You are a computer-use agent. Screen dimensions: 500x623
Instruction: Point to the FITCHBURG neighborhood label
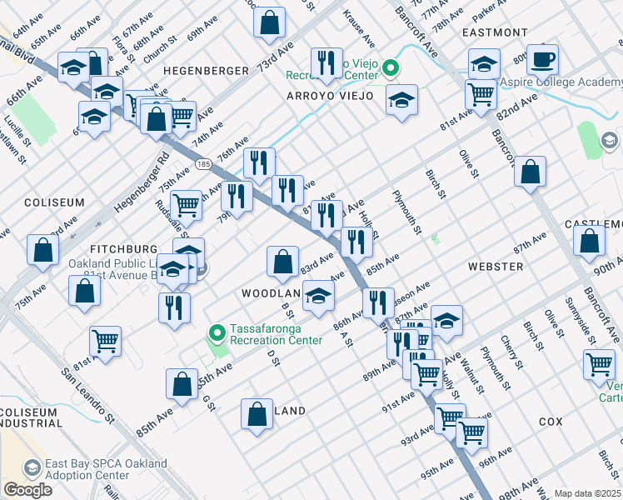[x=124, y=249]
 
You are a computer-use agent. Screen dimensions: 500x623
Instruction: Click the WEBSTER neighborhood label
[x=495, y=267]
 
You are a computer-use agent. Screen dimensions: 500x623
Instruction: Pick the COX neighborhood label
[x=551, y=422]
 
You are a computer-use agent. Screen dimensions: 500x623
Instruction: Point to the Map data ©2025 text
[x=587, y=493]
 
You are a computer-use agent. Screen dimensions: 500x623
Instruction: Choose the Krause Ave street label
[x=359, y=27]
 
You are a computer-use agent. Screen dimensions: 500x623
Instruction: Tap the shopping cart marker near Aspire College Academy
[x=481, y=94]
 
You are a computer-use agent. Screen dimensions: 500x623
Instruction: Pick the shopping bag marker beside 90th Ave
[x=589, y=241]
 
